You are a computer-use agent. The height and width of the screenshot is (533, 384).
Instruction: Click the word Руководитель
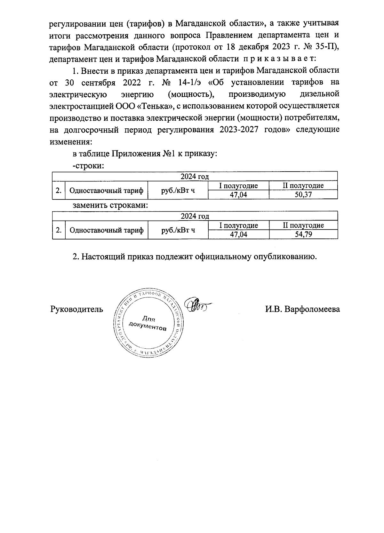pos(77,310)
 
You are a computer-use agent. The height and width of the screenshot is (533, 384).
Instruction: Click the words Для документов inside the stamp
pos(148,324)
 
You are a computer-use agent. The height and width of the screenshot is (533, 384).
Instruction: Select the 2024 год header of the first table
pos(195,177)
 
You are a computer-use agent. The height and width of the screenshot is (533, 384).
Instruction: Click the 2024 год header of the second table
pos(195,216)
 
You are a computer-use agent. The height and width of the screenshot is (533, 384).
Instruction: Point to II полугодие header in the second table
pos(303,225)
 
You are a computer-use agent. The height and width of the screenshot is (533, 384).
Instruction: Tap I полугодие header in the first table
pos(238,186)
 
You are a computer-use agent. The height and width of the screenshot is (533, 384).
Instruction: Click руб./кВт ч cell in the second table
pos(178,230)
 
